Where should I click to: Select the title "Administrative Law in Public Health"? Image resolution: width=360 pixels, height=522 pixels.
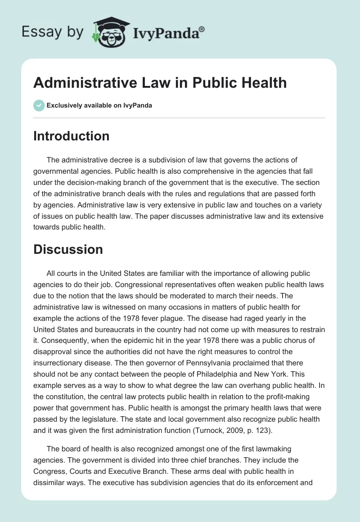[x=160, y=82]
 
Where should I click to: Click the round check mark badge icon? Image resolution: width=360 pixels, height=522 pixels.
[x=39, y=105]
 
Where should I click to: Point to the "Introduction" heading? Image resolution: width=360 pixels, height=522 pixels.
[x=71, y=136]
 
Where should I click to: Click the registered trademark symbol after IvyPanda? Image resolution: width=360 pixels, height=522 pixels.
[x=202, y=29]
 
